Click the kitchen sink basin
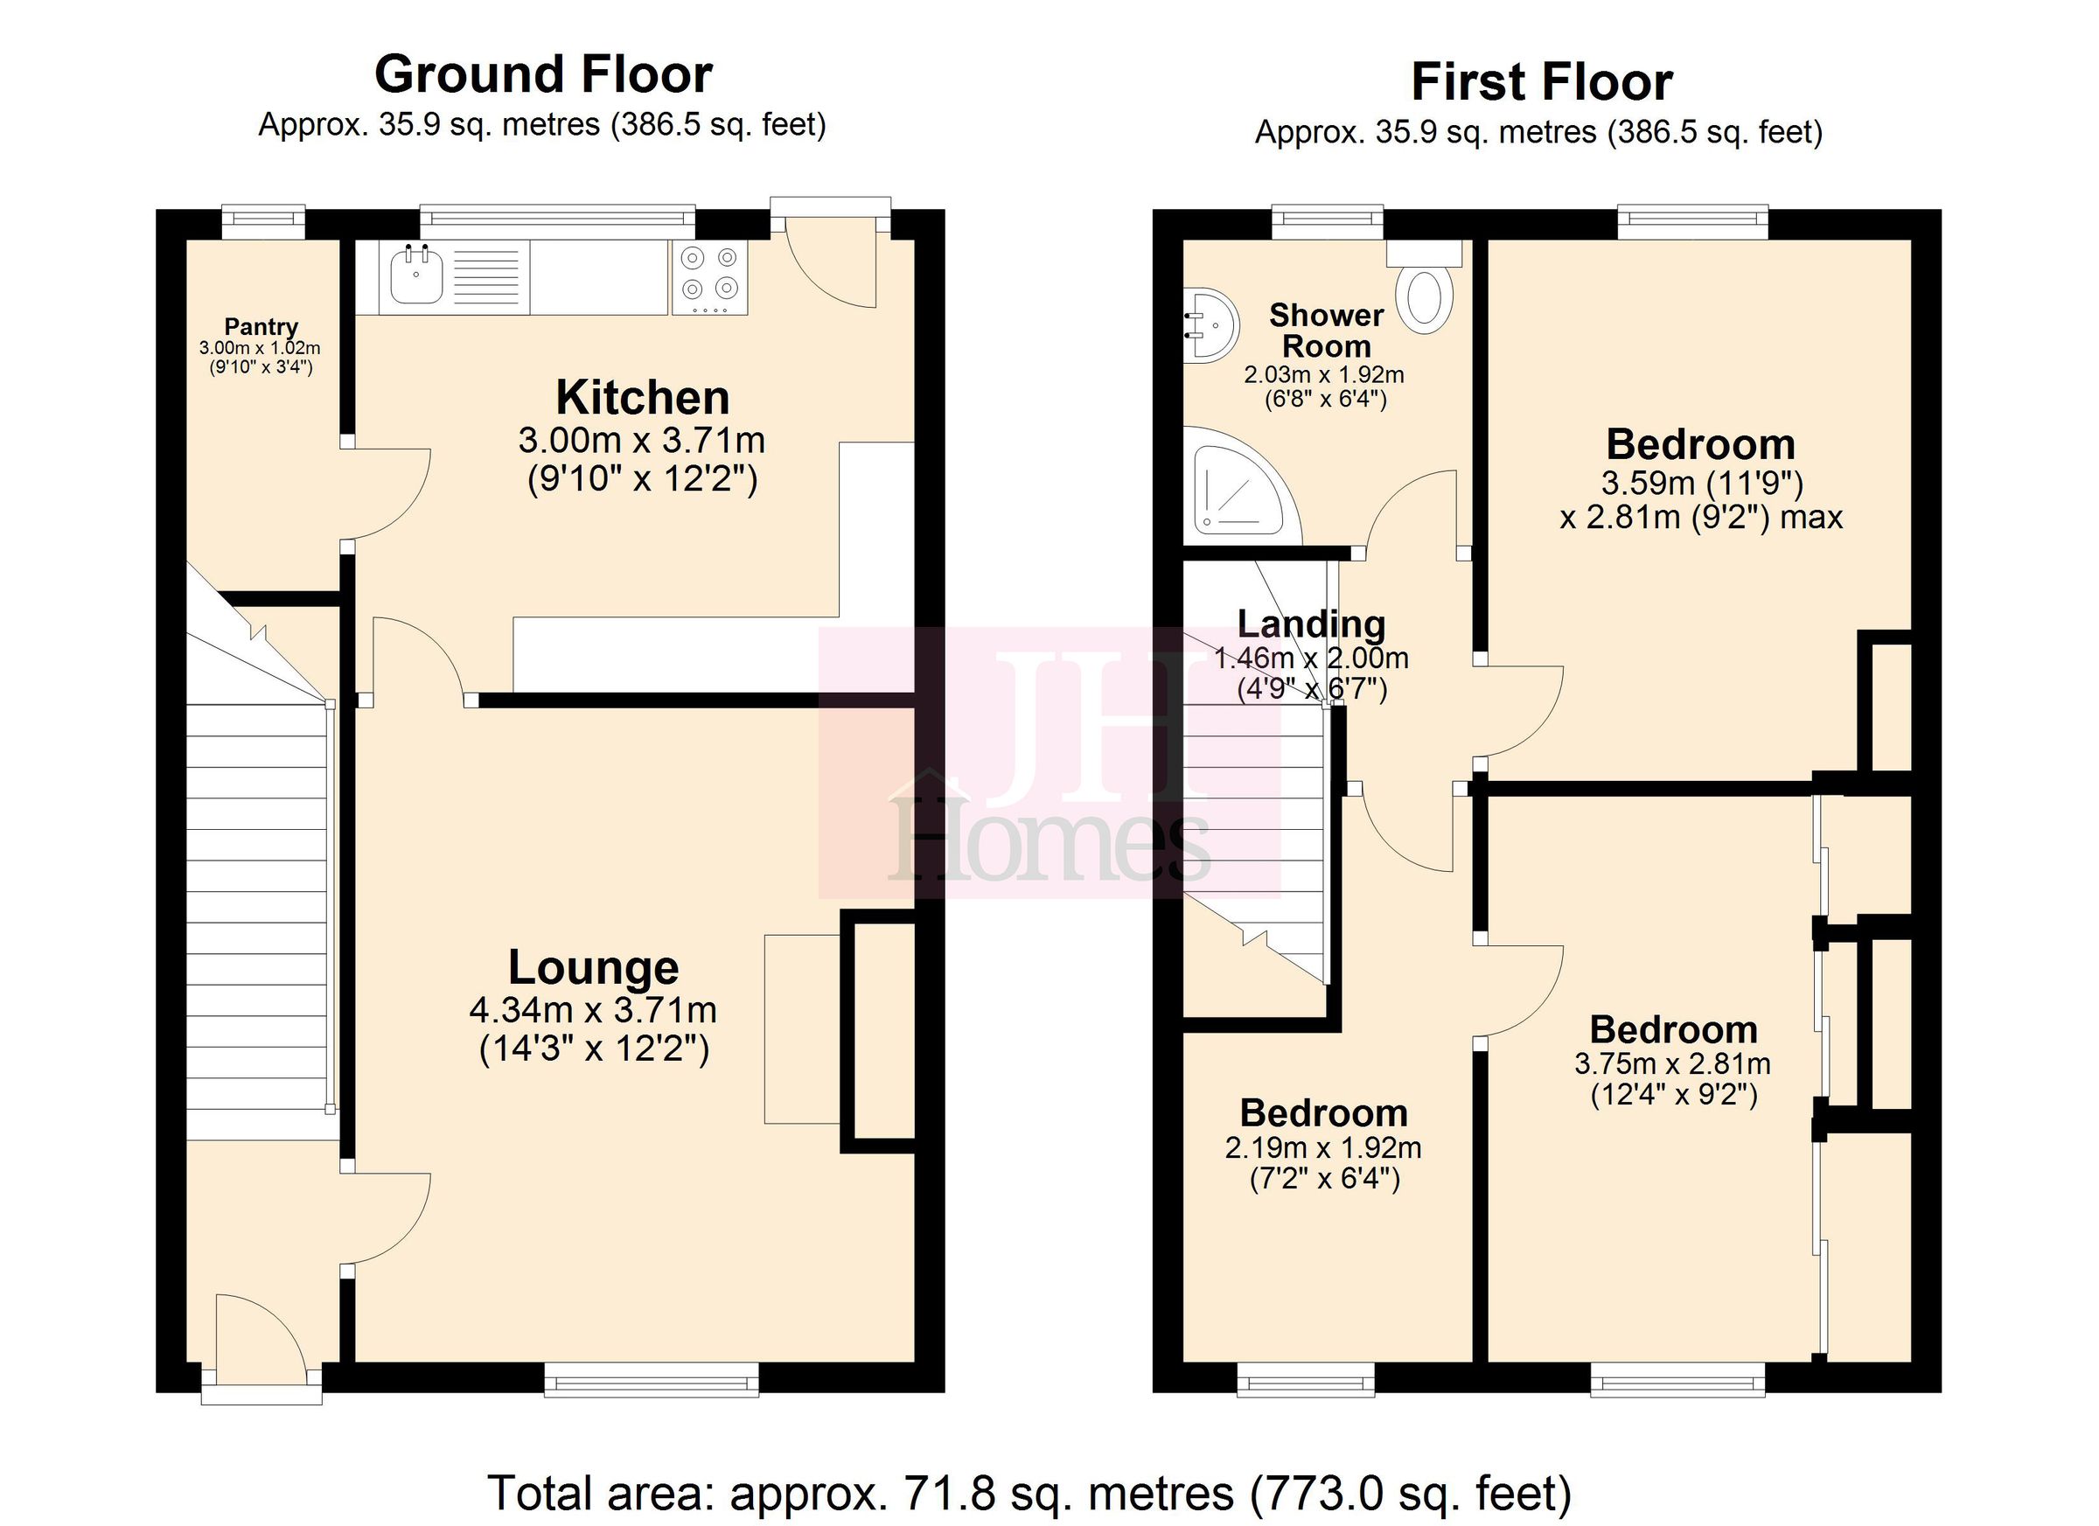coord(415,275)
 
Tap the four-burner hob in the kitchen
coord(709,275)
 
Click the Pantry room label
coord(261,327)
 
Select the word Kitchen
coord(642,398)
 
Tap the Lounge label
coord(593,968)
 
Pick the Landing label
coord(1310,624)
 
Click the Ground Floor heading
coord(543,75)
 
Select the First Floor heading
coord(1541,82)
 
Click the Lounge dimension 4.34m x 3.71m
coord(593,1011)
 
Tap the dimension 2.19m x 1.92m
coord(1322,1148)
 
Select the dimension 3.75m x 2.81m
coord(1672,1064)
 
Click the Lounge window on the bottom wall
coord(652,1383)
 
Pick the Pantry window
coord(263,219)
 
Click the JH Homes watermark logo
coord(1049,764)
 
